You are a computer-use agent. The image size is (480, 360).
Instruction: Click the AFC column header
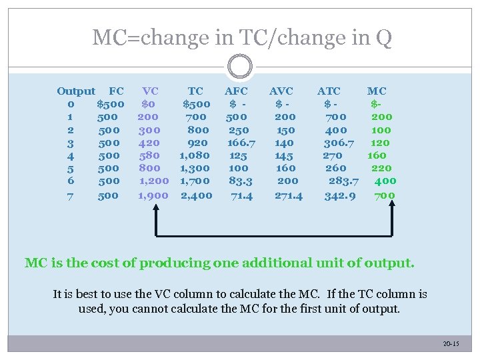[x=236, y=91]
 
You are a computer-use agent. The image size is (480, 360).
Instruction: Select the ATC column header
[x=329, y=91]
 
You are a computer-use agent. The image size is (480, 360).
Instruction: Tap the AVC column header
[x=281, y=91]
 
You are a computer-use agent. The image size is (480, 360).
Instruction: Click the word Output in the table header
[x=76, y=91]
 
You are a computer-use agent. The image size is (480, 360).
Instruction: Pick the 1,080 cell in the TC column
[x=195, y=155]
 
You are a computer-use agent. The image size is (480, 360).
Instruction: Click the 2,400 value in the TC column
[x=197, y=195]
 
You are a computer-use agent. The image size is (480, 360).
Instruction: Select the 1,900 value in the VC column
[x=153, y=195]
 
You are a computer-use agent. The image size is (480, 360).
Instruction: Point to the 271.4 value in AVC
[x=289, y=195]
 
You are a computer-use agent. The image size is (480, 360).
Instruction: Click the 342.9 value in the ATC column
[x=340, y=195]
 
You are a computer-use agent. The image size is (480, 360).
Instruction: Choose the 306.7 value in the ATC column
[x=339, y=143]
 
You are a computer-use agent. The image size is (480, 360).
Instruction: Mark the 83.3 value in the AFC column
[x=241, y=181]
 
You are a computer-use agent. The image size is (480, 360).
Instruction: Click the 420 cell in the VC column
[x=149, y=143]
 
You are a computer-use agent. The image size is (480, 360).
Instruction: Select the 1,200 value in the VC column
[x=154, y=181]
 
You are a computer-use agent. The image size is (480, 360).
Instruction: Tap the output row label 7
[x=70, y=195]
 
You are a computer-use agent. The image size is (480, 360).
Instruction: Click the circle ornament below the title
[x=239, y=66]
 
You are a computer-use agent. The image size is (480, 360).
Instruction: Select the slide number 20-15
[x=451, y=343]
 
